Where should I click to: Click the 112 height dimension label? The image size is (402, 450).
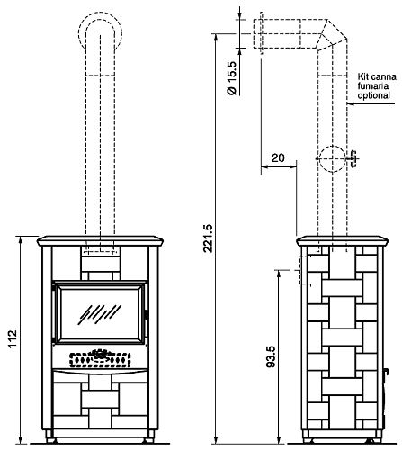[x=12, y=338]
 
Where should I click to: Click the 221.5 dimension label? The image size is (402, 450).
[x=208, y=238]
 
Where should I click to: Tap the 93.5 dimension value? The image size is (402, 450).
[x=271, y=356]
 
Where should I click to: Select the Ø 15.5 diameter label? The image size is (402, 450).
[x=232, y=78]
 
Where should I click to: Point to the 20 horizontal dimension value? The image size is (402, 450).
[x=278, y=157]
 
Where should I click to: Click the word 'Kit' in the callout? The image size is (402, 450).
[x=362, y=76]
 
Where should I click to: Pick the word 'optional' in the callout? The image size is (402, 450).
[x=373, y=95]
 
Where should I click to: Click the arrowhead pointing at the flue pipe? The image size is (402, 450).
[x=351, y=103]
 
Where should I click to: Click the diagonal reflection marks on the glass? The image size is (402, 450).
[x=99, y=314]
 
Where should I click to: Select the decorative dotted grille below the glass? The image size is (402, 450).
[x=100, y=358]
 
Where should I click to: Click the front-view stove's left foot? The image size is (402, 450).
[x=51, y=441]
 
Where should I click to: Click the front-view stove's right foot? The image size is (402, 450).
[x=148, y=441]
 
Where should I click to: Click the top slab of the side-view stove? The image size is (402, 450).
[x=342, y=241]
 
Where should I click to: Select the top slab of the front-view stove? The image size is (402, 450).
[x=100, y=241]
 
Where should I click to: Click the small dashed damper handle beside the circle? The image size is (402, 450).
[x=353, y=158]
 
